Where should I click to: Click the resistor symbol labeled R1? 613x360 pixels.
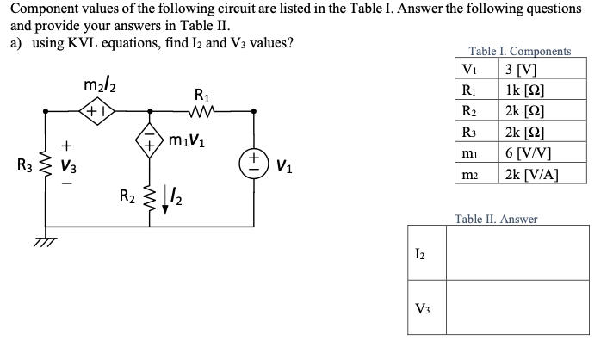click(x=202, y=109)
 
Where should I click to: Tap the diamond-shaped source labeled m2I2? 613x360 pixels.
click(x=97, y=110)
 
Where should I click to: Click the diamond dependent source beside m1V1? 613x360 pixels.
click(x=152, y=140)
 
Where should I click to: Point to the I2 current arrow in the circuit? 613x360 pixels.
click(x=170, y=204)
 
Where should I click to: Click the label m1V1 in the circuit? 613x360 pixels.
click(x=189, y=140)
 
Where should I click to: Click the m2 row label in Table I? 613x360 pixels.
click(x=469, y=174)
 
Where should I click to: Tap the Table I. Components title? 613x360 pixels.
click(x=519, y=52)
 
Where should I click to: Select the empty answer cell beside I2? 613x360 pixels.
click(x=517, y=251)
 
